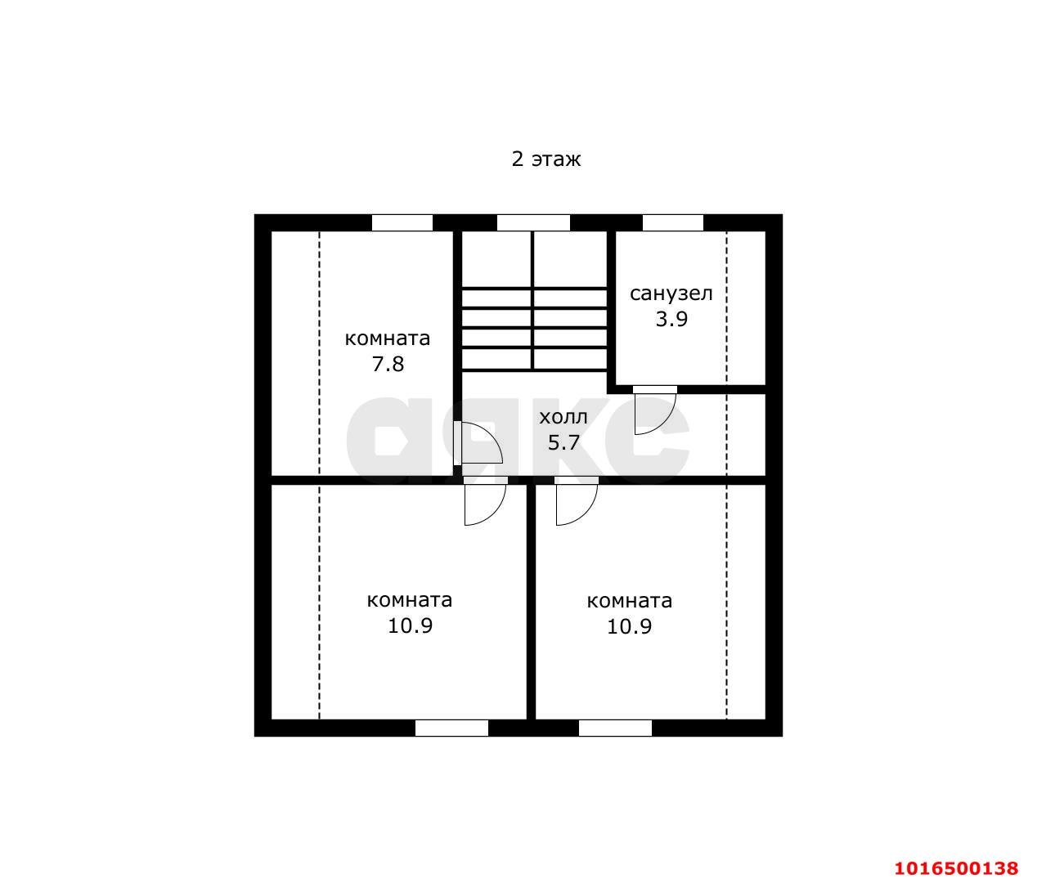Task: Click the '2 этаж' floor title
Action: (545, 159)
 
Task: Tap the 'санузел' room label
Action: (671, 294)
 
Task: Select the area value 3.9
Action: (671, 319)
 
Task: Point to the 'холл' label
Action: (563, 417)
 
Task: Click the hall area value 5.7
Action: (563, 442)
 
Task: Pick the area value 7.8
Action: (388, 365)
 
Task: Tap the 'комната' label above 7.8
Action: (388, 338)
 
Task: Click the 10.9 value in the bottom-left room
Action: (410, 625)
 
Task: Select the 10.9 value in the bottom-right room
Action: (629, 626)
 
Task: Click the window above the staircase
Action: (533, 222)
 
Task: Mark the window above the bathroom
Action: (673, 222)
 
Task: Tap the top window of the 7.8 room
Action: (402, 222)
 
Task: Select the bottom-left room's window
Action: (451, 728)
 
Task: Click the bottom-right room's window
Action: (615, 728)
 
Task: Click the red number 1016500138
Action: (956, 868)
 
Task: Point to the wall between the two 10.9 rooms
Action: (532, 602)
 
